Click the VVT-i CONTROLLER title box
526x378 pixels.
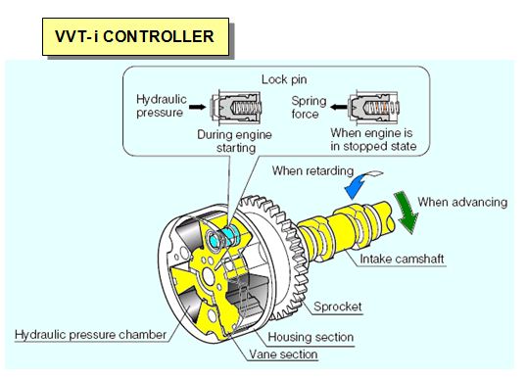click(x=135, y=36)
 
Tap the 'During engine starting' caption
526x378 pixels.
click(x=226, y=140)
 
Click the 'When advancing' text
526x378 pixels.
click(x=462, y=202)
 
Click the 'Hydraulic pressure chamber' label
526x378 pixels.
click(x=95, y=334)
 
